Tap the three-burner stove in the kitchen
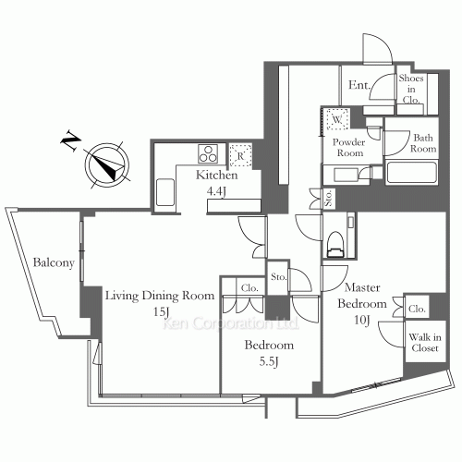click(x=208, y=153)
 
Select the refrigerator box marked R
click(x=240, y=156)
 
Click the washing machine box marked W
click(x=337, y=119)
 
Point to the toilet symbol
click(x=334, y=245)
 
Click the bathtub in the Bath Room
click(x=412, y=173)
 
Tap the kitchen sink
click(x=165, y=192)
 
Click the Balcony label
click(x=54, y=263)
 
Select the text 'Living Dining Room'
click(x=160, y=296)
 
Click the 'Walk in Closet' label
click(x=425, y=343)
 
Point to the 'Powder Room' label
click(x=349, y=148)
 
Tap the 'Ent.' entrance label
click(x=359, y=85)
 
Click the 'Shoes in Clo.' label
click(x=411, y=89)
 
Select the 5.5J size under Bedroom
click(x=269, y=361)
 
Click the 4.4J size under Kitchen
click(x=216, y=191)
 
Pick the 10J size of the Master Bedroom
click(x=362, y=321)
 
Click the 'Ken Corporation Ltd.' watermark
click(x=230, y=323)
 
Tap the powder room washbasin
click(x=346, y=175)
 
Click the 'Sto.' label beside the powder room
click(x=329, y=198)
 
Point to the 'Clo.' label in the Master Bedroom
click(x=417, y=309)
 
